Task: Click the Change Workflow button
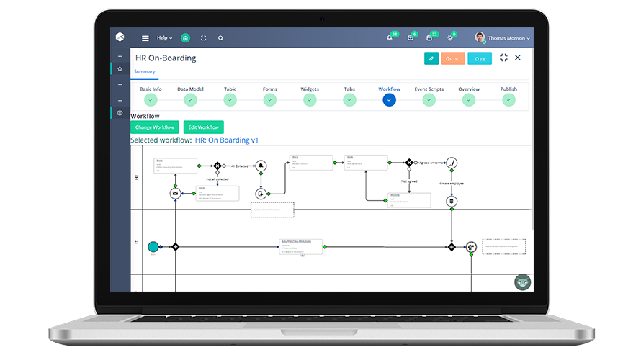pyautogui.click(x=155, y=127)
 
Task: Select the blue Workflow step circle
pyautogui.click(x=389, y=100)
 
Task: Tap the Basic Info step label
pyautogui.click(x=151, y=89)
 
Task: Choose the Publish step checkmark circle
pyautogui.click(x=508, y=100)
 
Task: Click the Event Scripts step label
pyautogui.click(x=429, y=89)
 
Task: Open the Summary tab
pyautogui.click(x=144, y=71)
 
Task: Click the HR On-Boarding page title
pyautogui.click(x=166, y=58)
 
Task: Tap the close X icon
pyautogui.click(x=517, y=58)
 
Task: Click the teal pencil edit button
pyautogui.click(x=431, y=58)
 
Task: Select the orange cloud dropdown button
pyautogui.click(x=453, y=58)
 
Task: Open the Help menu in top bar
pyautogui.click(x=164, y=38)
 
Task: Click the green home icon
pyautogui.click(x=186, y=38)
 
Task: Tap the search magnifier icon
pyautogui.click(x=220, y=38)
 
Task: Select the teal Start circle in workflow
pyautogui.click(x=153, y=247)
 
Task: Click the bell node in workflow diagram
pyautogui.click(x=261, y=166)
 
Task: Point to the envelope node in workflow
pyautogui.click(x=174, y=194)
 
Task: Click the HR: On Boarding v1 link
pyautogui.click(x=226, y=140)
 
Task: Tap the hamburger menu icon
pyautogui.click(x=145, y=38)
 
